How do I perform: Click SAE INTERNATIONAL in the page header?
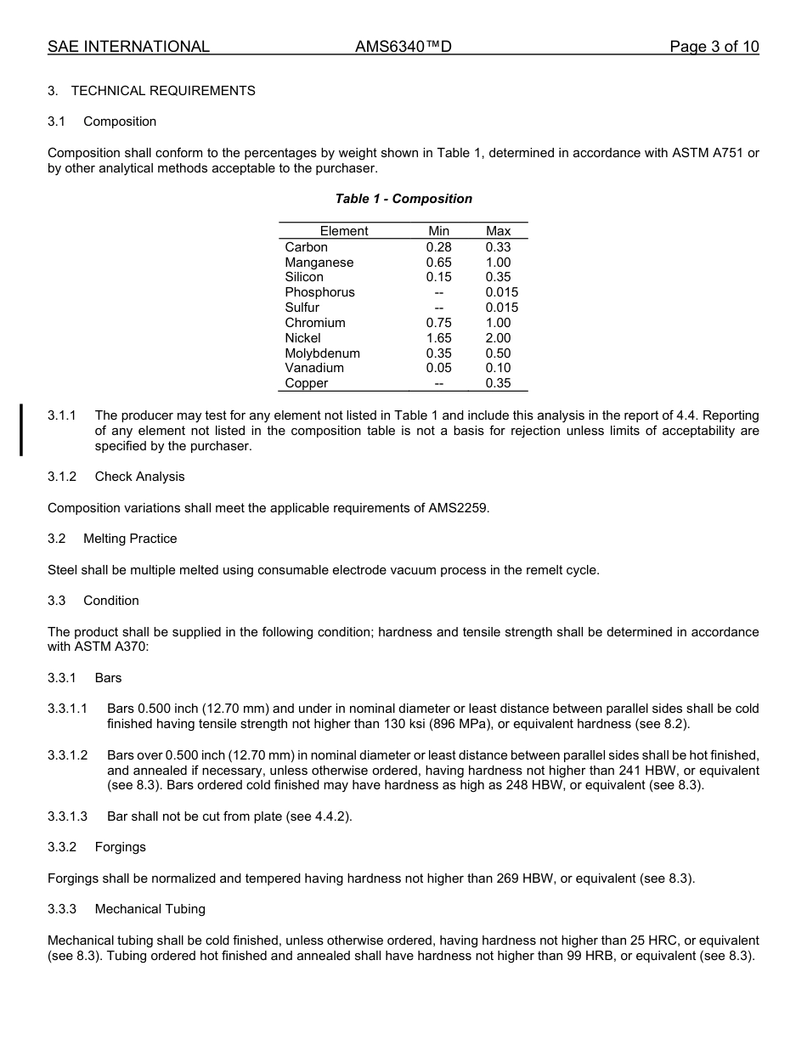point(128,47)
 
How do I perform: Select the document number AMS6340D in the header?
point(403,47)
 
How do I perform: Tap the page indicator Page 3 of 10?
point(714,47)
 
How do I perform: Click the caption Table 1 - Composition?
point(403,199)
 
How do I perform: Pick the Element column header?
point(344,231)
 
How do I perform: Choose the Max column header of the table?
point(499,231)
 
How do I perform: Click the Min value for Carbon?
point(438,247)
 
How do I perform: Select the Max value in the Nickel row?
point(499,338)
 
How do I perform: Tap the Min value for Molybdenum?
point(438,353)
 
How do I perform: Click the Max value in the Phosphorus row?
point(501,292)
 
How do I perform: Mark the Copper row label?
point(307,383)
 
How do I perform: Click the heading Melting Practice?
point(130,539)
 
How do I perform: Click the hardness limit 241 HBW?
point(622,771)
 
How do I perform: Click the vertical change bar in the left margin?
point(21,431)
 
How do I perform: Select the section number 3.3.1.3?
point(68,816)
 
